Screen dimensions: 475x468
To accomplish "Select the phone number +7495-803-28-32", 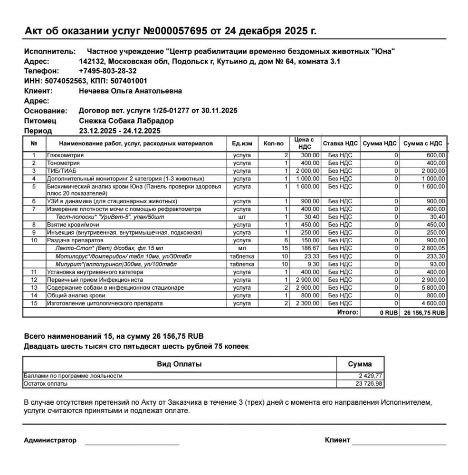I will (x=107, y=71).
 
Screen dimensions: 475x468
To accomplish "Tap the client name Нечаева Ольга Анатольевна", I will (x=130, y=91).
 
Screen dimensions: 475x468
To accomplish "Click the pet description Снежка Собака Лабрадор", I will (x=126, y=121).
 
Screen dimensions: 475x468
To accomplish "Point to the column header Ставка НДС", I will (x=340, y=143).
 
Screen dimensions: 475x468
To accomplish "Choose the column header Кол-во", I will (x=273, y=143).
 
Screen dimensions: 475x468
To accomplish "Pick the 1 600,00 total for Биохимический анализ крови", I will (x=432, y=186).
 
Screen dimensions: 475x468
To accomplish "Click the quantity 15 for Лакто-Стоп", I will (x=285, y=248).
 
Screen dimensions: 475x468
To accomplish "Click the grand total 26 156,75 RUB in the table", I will (x=425, y=313).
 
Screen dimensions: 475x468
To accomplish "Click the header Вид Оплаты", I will (x=179, y=364).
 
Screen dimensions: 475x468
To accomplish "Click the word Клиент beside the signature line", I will (x=337, y=440).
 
